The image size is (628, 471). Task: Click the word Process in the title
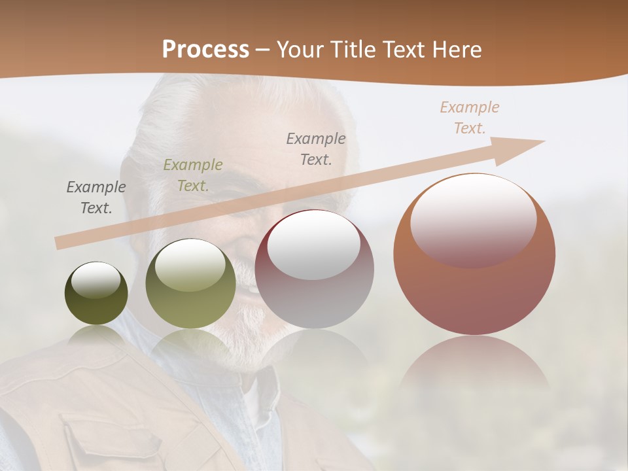[205, 50]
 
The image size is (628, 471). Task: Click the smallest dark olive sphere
[96, 294]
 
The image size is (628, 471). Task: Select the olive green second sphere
[190, 284]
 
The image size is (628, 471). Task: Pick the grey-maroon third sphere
[315, 270]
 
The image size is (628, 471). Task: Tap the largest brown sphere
[474, 254]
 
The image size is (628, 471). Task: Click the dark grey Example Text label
[96, 198]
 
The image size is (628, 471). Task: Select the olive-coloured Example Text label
[193, 175]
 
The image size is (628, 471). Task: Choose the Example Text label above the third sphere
[316, 148]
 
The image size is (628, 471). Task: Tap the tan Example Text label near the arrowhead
[469, 117]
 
